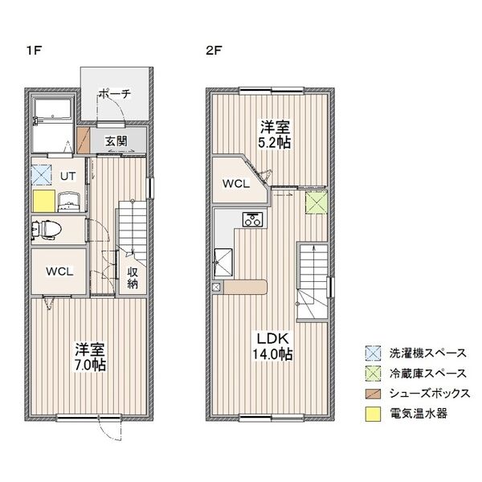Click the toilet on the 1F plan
tap(47, 229)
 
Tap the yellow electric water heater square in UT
tap(44, 201)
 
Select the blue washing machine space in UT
tap(42, 175)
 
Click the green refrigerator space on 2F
tap(316, 202)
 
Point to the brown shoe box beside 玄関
tap(83, 140)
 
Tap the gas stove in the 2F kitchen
tap(253, 219)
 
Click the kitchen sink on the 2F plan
tap(223, 262)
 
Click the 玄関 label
tap(116, 141)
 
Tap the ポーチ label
tap(115, 93)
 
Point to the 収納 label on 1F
tap(133, 278)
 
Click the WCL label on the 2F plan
tap(236, 184)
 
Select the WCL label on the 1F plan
tap(59, 272)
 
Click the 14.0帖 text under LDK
tap(272, 354)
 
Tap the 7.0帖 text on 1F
tap(90, 366)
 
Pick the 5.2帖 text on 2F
tap(275, 142)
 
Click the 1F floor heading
tap(34, 50)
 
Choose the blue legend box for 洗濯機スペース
tap(373, 353)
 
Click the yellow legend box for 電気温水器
tap(373, 414)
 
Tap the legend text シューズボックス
tap(430, 394)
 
